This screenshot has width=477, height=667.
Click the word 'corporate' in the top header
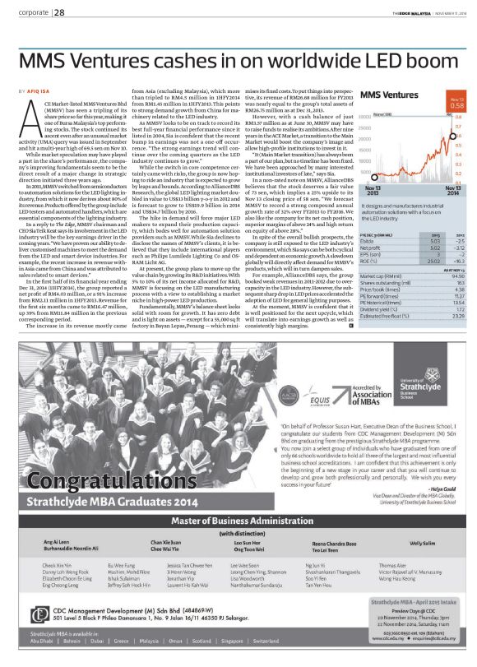(x=33, y=12)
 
